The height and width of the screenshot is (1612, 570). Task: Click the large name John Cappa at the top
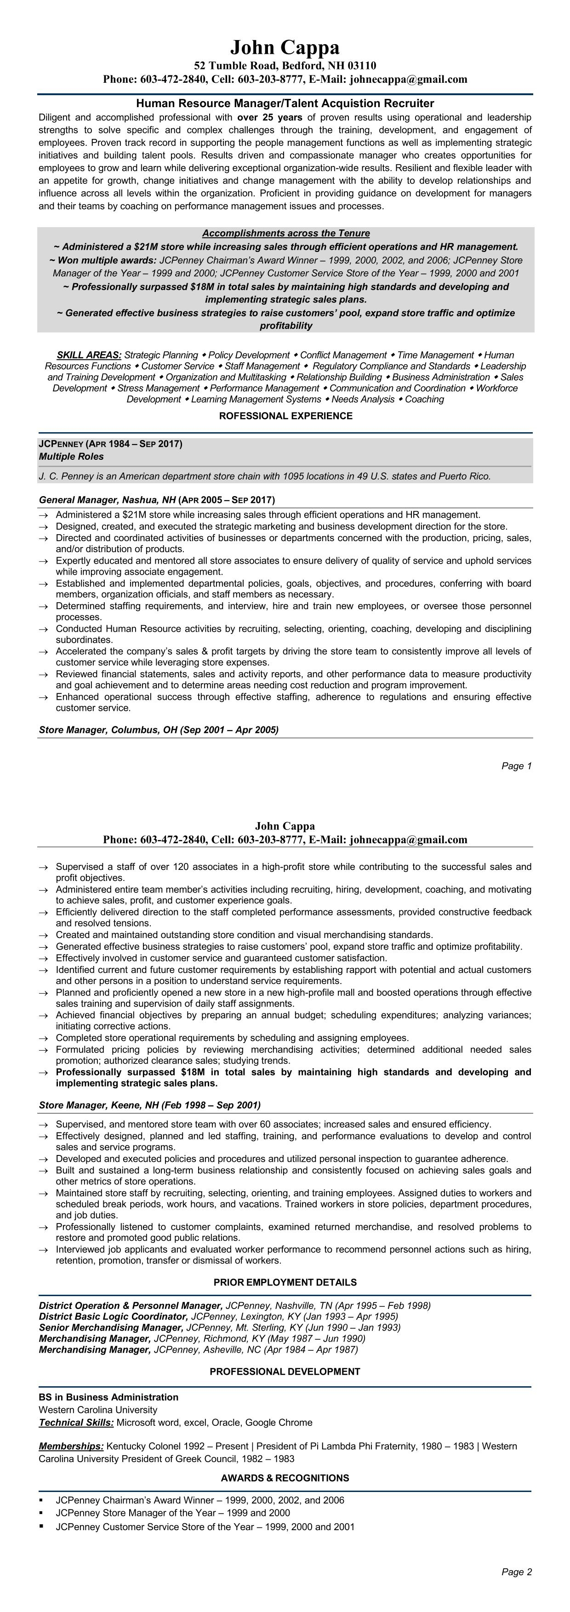pyautogui.click(x=285, y=47)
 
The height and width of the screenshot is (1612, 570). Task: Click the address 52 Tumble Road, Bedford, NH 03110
pyautogui.click(x=285, y=66)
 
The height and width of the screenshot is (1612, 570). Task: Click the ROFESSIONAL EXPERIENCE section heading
pyautogui.click(x=285, y=416)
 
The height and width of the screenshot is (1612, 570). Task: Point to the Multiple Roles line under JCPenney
pyautogui.click(x=71, y=457)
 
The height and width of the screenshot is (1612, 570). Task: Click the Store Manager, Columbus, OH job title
pyautogui.click(x=158, y=730)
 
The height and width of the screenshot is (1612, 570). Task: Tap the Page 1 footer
pyautogui.click(x=516, y=766)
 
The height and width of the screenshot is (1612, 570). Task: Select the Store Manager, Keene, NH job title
pyautogui.click(x=149, y=1105)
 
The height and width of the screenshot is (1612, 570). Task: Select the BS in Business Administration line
pyautogui.click(x=108, y=1397)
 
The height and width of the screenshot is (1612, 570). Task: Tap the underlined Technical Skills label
pyautogui.click(x=76, y=1423)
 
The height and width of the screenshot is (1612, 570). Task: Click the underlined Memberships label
pyautogui.click(x=71, y=1446)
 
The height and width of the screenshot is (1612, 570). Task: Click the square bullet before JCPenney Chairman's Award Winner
pyautogui.click(x=41, y=1500)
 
